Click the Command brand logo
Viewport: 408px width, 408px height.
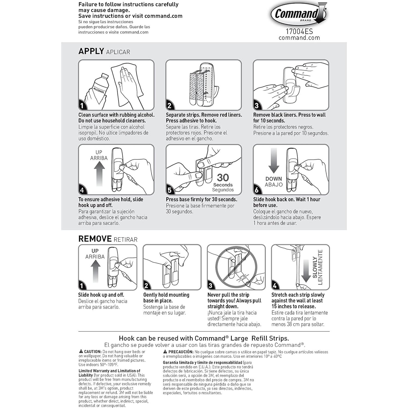299,14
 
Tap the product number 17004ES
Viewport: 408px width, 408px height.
299,31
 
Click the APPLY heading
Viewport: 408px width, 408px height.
91,51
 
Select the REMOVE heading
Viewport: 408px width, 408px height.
95,239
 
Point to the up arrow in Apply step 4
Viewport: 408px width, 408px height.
99,173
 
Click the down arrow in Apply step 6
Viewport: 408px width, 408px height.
273,161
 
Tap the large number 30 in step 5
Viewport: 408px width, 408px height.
223,178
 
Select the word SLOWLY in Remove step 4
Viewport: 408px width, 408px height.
315,267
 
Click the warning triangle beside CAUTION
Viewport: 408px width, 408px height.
81,352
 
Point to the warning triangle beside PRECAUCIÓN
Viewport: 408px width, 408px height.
165,352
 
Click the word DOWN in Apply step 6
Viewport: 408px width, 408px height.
273,179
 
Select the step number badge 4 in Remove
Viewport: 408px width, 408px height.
275,286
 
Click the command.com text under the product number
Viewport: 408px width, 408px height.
299,38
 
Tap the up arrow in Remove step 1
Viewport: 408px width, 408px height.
95,271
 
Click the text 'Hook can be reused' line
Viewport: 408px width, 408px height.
204,338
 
